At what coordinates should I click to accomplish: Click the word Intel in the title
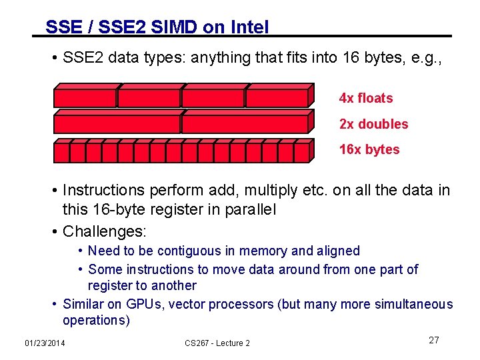coord(249,27)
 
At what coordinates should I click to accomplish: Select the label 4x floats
coord(366,99)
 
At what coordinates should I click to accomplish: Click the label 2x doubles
coord(373,124)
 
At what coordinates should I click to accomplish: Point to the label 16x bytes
coord(369,149)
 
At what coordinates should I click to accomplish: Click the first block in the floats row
coord(85,97)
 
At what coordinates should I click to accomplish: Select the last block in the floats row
coord(277,97)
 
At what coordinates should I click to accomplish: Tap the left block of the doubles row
coord(117,123)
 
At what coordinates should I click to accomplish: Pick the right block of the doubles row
coord(245,123)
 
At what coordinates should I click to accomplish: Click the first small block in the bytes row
coord(61,153)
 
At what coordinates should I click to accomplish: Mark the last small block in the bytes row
coord(301,153)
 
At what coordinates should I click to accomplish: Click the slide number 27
coord(434,341)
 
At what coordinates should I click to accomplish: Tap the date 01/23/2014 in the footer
coord(45,343)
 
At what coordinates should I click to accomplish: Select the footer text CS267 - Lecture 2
coord(217,343)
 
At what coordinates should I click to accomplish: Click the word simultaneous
coord(411,304)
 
